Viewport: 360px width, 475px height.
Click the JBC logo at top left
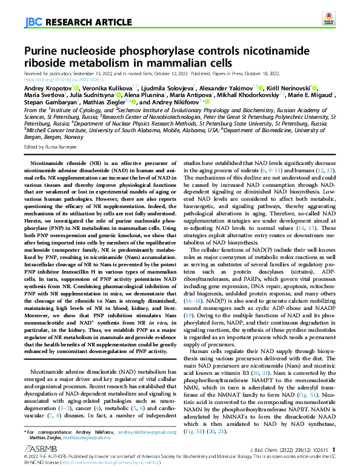(x=33, y=23)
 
